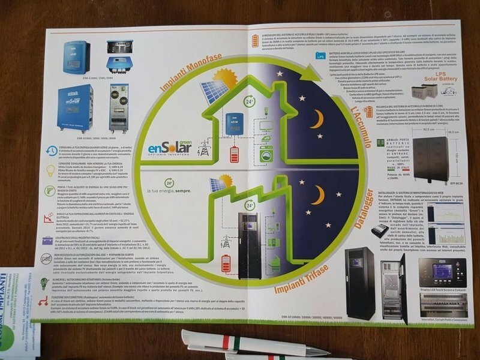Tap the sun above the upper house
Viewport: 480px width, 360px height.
[225, 78]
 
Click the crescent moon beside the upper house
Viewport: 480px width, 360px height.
[317, 119]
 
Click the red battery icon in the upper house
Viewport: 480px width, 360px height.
[233, 152]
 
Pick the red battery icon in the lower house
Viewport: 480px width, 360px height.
[226, 263]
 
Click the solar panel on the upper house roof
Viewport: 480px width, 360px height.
[213, 91]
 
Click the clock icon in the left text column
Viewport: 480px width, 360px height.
[53, 151]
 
